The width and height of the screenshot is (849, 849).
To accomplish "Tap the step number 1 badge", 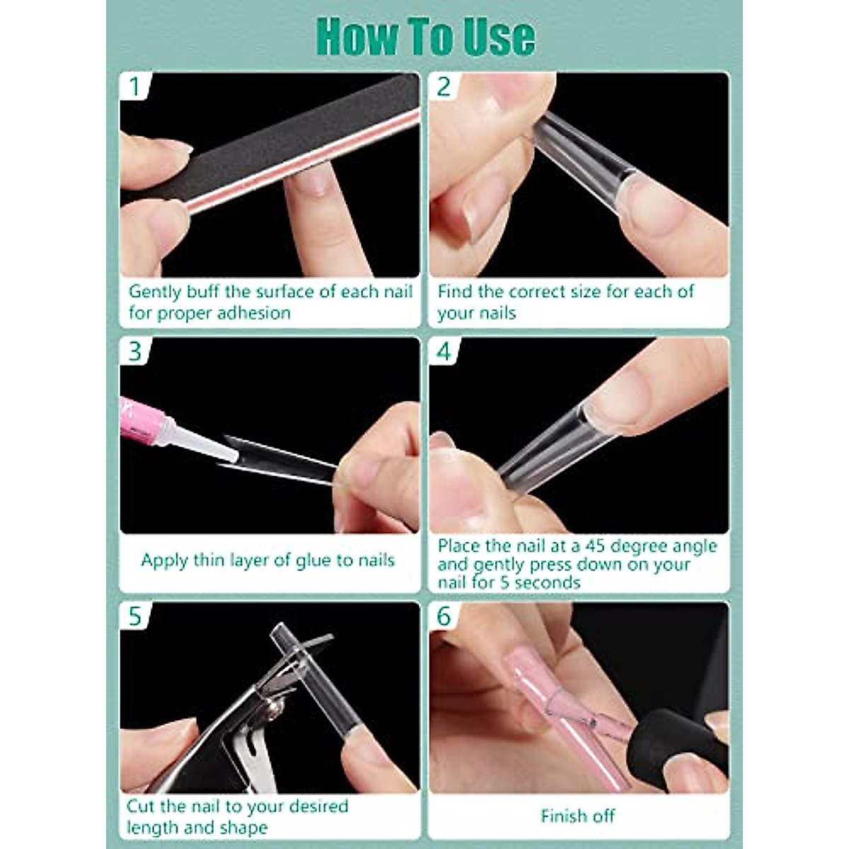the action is point(135,86).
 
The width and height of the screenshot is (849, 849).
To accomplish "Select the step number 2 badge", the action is point(443,86).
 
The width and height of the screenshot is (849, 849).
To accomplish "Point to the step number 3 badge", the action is point(135,351).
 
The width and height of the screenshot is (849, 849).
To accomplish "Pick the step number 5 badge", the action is point(135,616).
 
